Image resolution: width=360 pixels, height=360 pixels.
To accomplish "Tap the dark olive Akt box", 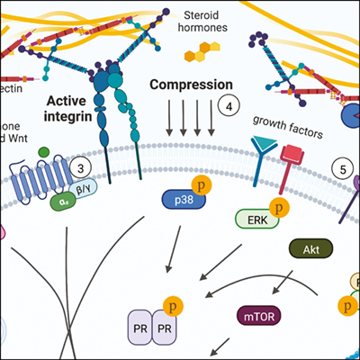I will pyautogui.click(x=305, y=246).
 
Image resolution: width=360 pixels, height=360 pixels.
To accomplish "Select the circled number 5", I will pyautogui.click(x=341, y=166).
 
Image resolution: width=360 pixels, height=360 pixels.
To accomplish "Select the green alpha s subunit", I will pyautogui.click(x=62, y=202).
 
